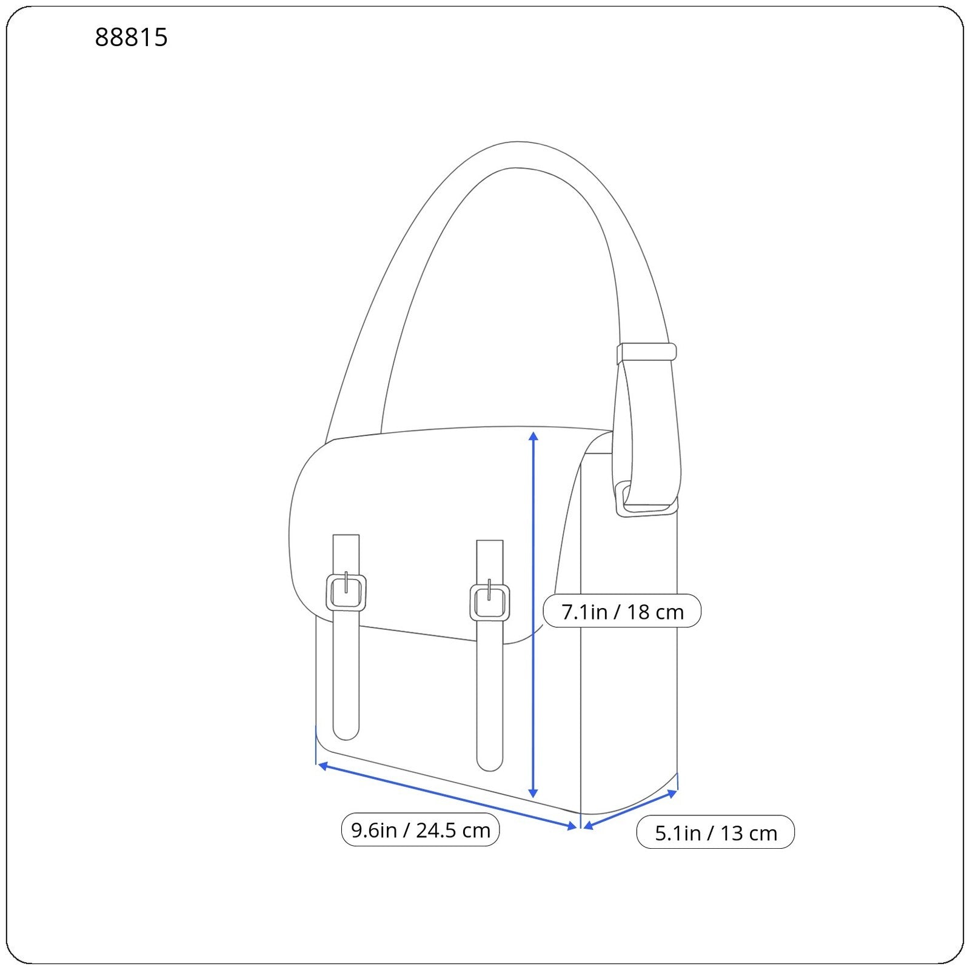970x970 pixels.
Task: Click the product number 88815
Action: pos(131,38)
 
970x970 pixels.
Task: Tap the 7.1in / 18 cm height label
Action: pos(622,611)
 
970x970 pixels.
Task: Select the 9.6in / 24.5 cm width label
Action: pos(420,829)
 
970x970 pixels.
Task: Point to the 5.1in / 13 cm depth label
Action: pos(715,832)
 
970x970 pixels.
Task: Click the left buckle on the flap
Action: pos(346,592)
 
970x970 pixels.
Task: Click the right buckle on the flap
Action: pos(490,601)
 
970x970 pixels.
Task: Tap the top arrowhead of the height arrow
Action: pos(533,436)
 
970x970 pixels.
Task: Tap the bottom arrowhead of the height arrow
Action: pos(533,792)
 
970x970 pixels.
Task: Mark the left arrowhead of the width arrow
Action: pos(323,766)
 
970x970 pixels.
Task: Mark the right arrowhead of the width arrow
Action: pos(571,825)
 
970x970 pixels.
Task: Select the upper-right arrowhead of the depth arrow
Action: pos(672,793)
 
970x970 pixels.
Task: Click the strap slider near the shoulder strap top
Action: pos(647,353)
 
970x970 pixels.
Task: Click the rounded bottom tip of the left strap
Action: pos(346,737)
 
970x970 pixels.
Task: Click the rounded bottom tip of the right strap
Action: pos(490,768)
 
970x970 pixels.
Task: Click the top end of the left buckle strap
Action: pos(346,535)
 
